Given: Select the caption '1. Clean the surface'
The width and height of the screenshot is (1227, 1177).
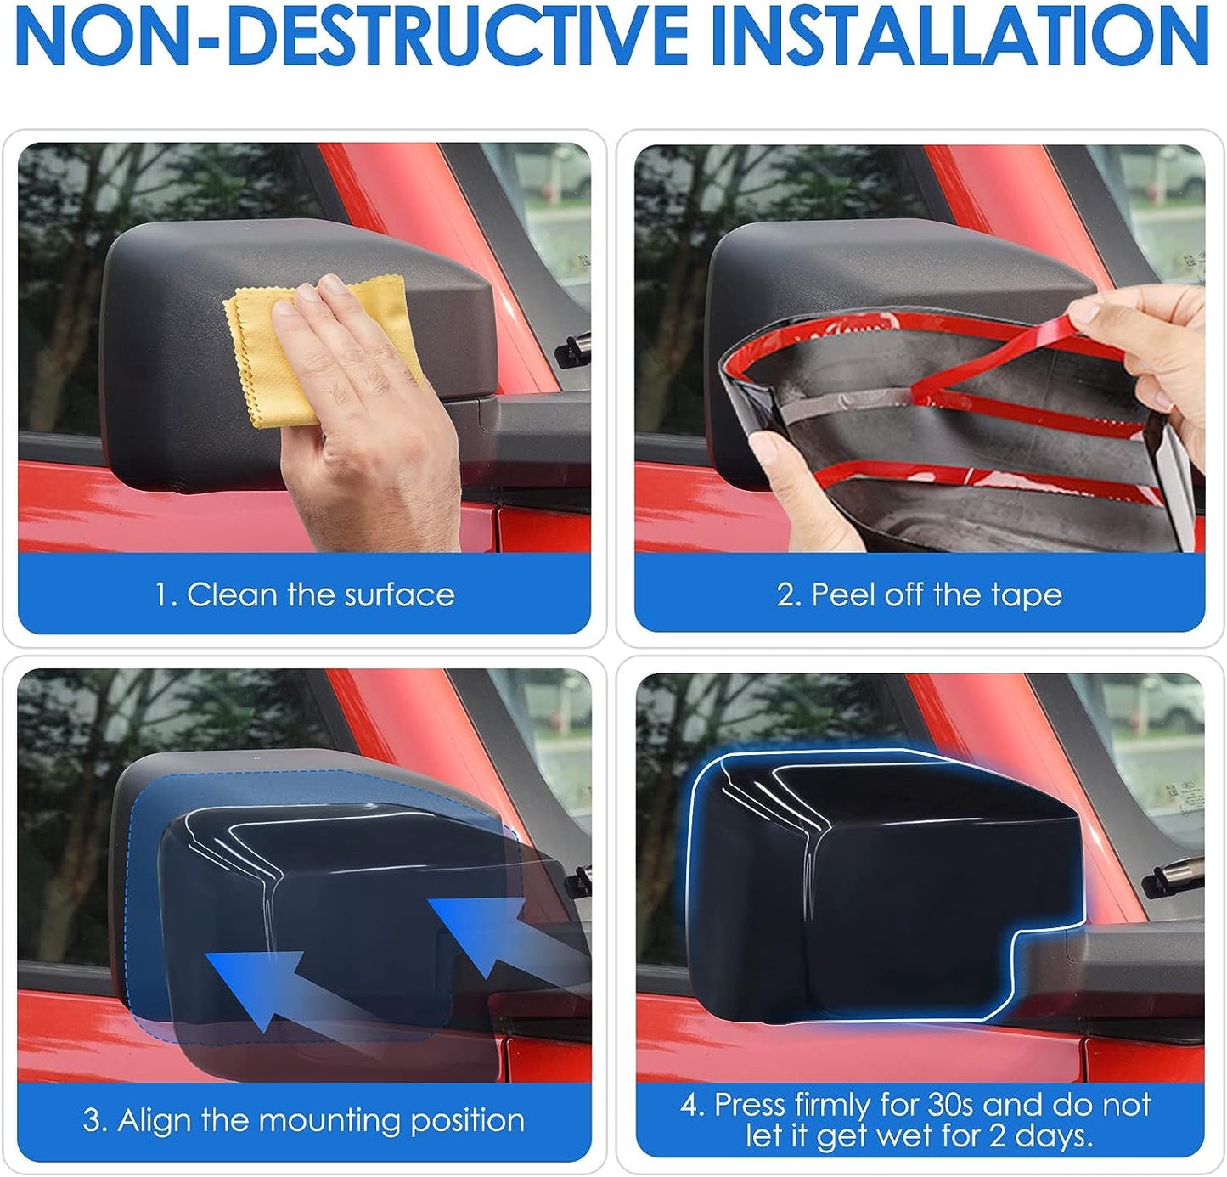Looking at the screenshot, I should pyautogui.click(x=304, y=594).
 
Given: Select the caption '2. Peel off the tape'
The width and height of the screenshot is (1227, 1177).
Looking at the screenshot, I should pyautogui.click(x=919, y=594).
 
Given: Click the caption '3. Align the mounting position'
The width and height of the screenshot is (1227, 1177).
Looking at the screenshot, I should pyautogui.click(x=304, y=1120).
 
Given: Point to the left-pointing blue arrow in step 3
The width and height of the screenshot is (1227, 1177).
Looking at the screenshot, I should pyautogui.click(x=255, y=985).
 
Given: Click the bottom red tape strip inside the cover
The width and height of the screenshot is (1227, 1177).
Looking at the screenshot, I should pyautogui.click(x=977, y=480).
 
